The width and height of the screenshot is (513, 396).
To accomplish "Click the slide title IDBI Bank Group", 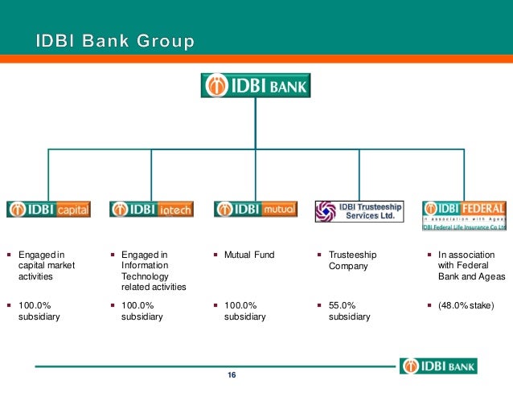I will pyautogui.click(x=115, y=40).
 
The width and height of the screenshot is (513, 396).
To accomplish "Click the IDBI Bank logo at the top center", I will pyautogui.click(x=255, y=85).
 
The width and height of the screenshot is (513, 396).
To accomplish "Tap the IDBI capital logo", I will pyautogui.click(x=49, y=210).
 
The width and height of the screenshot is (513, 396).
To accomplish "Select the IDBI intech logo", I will pyautogui.click(x=151, y=210).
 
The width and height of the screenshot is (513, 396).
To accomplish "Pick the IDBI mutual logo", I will pyautogui.click(x=256, y=210).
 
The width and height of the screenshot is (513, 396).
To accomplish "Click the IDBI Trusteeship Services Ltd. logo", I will pyautogui.click(x=359, y=211).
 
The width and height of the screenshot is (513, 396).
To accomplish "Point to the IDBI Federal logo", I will pyautogui.click(x=464, y=214).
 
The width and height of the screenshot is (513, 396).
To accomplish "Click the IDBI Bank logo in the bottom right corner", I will pyautogui.click(x=438, y=365).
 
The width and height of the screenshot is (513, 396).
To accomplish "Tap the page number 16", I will pyautogui.click(x=232, y=376).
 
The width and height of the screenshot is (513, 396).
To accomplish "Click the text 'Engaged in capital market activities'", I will pyautogui.click(x=40, y=265).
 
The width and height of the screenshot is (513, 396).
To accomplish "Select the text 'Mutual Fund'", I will pyautogui.click(x=249, y=255).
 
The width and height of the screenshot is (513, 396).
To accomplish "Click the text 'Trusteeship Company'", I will pyautogui.click(x=352, y=260).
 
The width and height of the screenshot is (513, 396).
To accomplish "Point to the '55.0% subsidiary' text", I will pyautogui.click(x=350, y=311).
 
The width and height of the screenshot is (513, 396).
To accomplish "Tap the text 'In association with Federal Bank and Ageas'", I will pyautogui.click(x=471, y=265).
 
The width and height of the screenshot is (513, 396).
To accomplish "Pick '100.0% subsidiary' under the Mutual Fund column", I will pyautogui.click(x=246, y=311).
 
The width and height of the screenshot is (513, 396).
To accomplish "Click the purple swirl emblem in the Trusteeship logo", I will pyautogui.click(x=326, y=211).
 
